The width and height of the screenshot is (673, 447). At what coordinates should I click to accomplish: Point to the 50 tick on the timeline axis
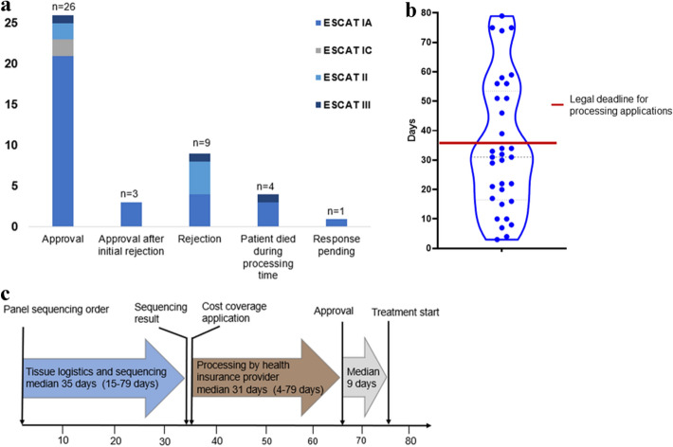[x=265, y=440]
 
